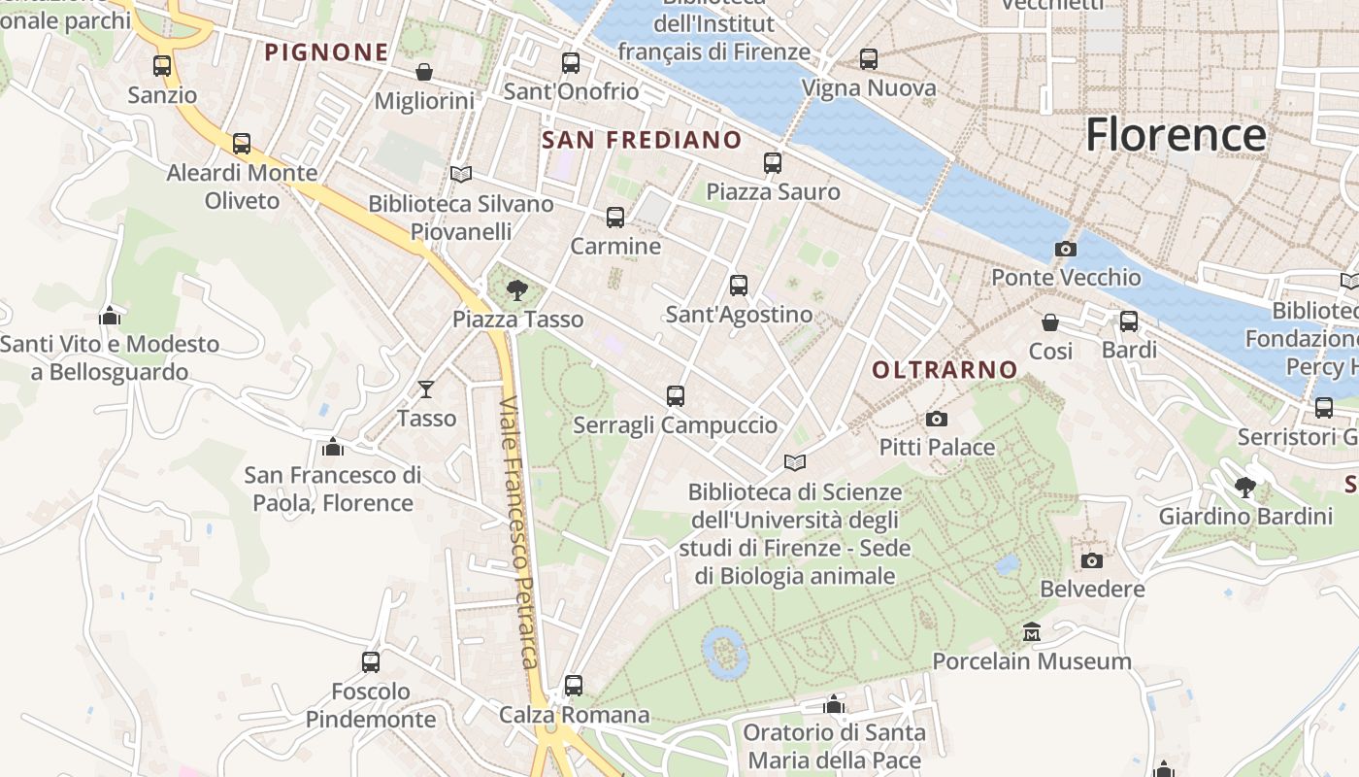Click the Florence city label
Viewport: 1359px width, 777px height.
(1176, 134)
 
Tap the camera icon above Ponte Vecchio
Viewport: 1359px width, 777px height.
(1065, 249)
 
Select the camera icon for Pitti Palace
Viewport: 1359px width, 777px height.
(936, 419)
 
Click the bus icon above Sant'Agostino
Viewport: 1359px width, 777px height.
(738, 285)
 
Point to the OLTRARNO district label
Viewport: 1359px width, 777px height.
(944, 369)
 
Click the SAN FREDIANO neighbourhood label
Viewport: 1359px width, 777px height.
(641, 140)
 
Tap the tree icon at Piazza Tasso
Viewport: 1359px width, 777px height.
(517, 288)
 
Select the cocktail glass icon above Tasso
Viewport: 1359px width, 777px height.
(425, 389)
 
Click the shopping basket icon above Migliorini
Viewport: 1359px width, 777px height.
(424, 72)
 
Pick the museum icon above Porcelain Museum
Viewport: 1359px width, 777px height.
(1031, 632)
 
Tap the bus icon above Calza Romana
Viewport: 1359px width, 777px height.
(574, 685)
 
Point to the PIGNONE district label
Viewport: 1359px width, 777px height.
(326, 52)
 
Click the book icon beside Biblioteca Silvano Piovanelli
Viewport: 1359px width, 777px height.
(461, 174)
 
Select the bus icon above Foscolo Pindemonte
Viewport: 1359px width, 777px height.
(370, 661)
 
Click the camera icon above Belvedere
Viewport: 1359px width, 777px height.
(1091, 560)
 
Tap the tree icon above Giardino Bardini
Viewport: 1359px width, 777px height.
(1244, 487)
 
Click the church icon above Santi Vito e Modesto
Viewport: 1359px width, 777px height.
(110, 316)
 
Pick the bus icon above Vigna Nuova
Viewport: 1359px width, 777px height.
(868, 59)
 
